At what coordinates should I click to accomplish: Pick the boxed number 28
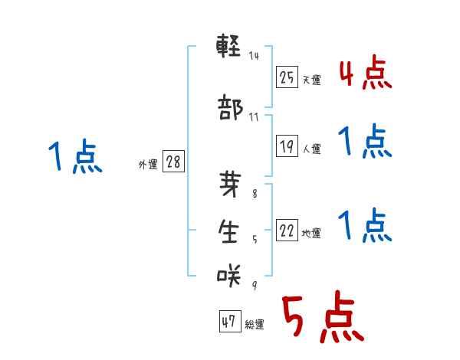pyautogui.click(x=173, y=162)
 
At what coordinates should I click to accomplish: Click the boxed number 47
pyautogui.click(x=228, y=322)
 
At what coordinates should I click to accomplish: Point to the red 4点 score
pyautogui.click(x=365, y=74)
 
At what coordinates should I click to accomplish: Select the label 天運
pyautogui.click(x=311, y=80)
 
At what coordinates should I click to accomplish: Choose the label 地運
pyautogui.click(x=311, y=234)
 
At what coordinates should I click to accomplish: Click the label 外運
pyautogui.click(x=147, y=165)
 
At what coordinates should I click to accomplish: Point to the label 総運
pyautogui.click(x=254, y=325)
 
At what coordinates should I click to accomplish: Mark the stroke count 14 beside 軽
pyautogui.click(x=254, y=56)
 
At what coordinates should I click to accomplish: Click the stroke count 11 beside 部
pyautogui.click(x=254, y=117)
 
